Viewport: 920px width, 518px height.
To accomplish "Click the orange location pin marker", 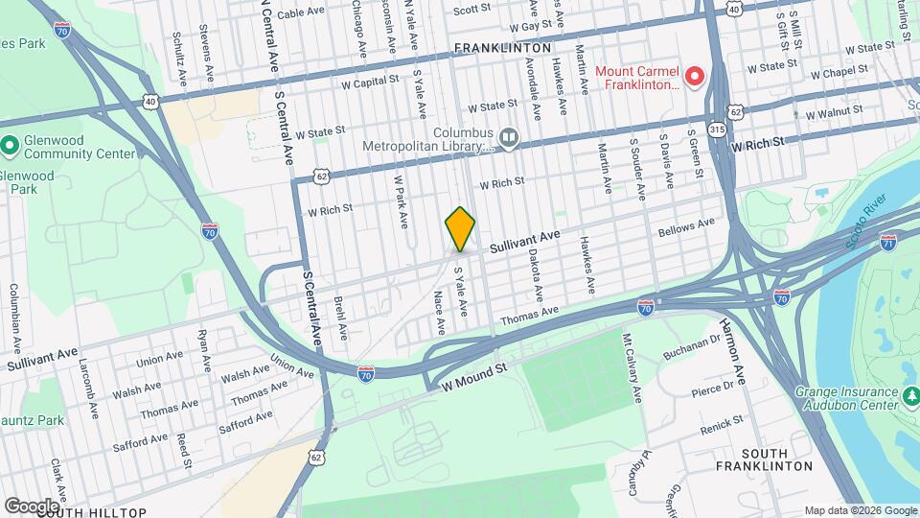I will [460, 229].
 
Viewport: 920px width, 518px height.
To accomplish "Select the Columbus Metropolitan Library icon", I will [509, 140].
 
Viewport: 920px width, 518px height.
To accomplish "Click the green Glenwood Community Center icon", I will [10, 147].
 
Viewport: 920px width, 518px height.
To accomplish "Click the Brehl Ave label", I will [340, 318].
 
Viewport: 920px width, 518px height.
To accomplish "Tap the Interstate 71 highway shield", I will [888, 242].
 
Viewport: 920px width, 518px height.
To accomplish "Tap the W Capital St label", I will [356, 83].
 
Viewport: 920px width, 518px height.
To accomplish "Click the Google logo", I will [31, 506].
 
